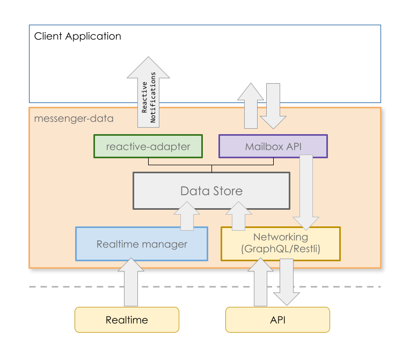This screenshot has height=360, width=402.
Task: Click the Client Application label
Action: tap(77, 36)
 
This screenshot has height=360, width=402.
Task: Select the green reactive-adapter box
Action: tap(148, 146)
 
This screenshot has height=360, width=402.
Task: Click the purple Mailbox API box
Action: tap(273, 146)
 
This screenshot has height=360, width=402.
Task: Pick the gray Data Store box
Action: tap(211, 190)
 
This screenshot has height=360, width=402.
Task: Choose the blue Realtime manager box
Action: tap(142, 244)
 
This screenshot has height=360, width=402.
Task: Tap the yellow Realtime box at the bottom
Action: tap(127, 320)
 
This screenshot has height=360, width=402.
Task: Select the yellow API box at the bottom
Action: tap(277, 320)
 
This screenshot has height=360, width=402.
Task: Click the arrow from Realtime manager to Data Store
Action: tap(187, 215)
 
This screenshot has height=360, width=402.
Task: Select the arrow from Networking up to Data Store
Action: tap(238, 215)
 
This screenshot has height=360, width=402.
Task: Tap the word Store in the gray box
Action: tap(227, 190)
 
